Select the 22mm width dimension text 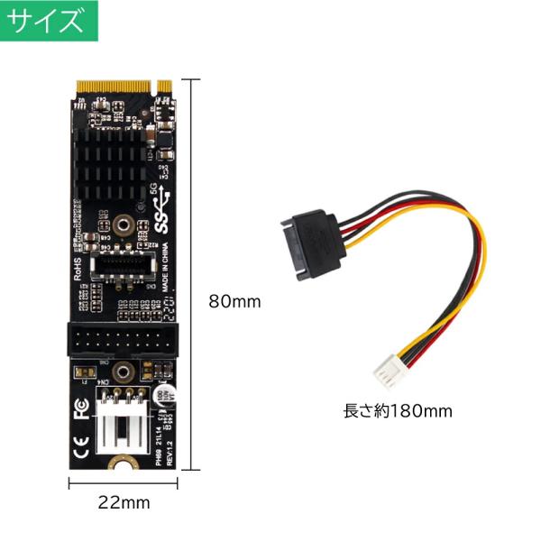[x=124, y=502]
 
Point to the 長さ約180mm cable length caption [x=398, y=411]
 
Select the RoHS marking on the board [x=79, y=268]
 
